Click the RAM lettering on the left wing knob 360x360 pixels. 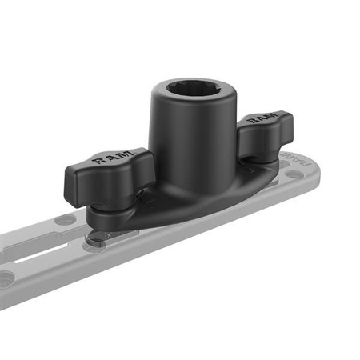pos(109,160)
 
